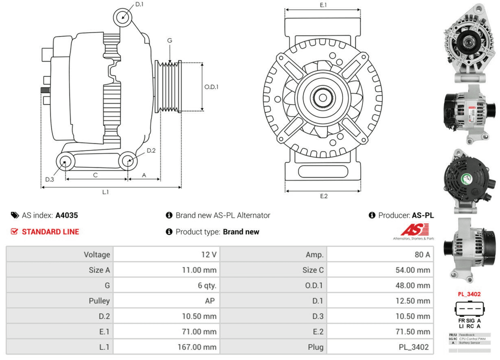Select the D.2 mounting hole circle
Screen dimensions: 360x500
tap(127, 160)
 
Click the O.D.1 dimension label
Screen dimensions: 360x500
tap(211, 86)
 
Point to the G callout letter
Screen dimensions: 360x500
tap(169, 40)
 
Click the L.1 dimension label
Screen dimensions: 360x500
tap(105, 192)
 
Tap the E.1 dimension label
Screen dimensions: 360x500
tap(323, 5)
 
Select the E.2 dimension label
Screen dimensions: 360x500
tap(323, 196)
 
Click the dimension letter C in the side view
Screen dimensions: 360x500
tap(94, 175)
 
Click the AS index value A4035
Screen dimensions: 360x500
tap(66, 215)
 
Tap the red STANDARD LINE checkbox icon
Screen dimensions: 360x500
tap(14, 231)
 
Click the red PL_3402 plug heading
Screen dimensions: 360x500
tap(469, 294)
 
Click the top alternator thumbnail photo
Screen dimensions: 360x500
tap(468, 42)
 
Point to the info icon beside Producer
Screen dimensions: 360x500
tap(371, 215)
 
